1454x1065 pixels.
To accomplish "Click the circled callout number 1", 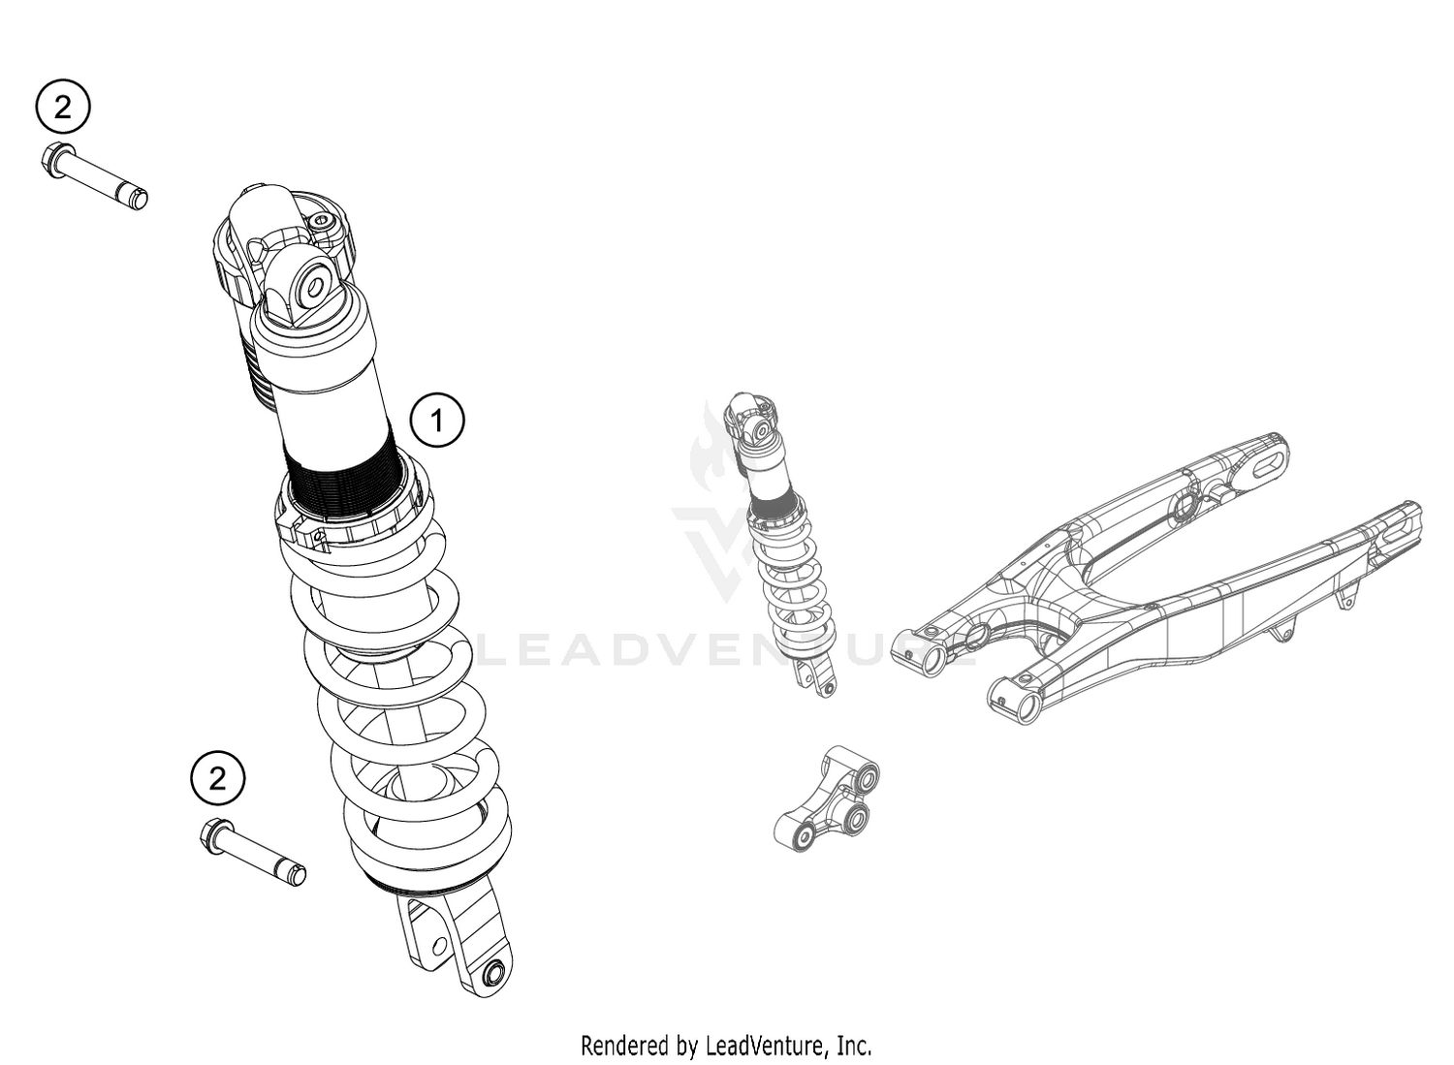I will tap(437, 421).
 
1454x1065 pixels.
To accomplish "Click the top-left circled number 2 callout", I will tap(63, 107).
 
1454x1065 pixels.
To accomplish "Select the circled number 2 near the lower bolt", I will tap(217, 778).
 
